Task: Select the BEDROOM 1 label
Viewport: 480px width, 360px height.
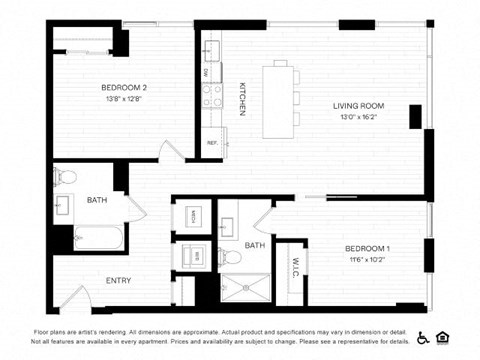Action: pyautogui.click(x=367, y=247)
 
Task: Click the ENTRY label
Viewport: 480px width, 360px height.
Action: pyautogui.click(x=118, y=280)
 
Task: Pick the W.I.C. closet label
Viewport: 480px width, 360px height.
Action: pyautogui.click(x=295, y=268)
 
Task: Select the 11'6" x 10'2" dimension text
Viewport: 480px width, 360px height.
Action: pyautogui.click(x=367, y=259)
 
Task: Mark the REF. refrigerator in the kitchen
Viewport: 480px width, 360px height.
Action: pyautogui.click(x=212, y=143)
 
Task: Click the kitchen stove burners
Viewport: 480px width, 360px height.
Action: pyautogui.click(x=212, y=96)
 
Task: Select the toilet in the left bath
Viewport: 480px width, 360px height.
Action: pyautogui.click(x=66, y=177)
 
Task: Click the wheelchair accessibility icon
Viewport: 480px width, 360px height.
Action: pyautogui.click(x=422, y=336)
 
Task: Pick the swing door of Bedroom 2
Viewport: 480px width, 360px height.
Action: pyautogui.click(x=171, y=150)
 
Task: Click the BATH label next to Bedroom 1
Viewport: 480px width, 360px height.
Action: pyautogui.click(x=255, y=244)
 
